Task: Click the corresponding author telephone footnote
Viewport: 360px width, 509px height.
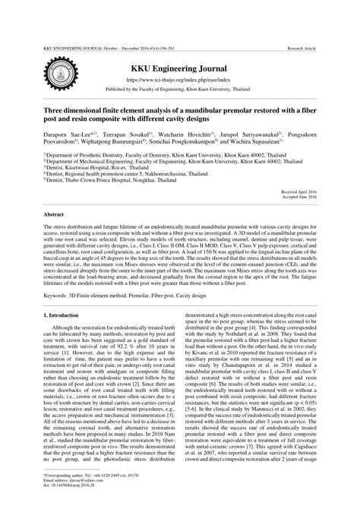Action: point(84,473)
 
